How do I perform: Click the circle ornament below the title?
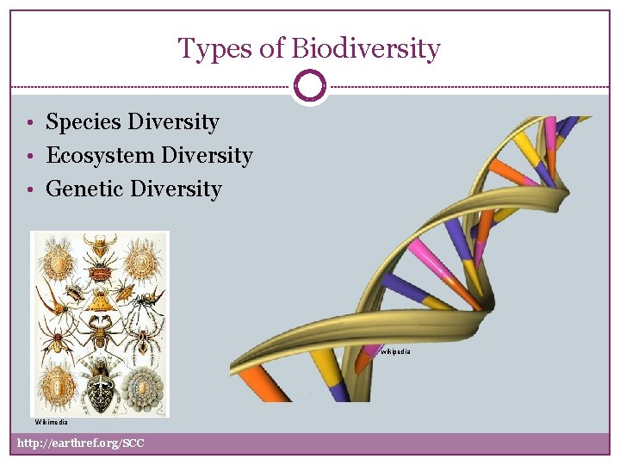(310, 86)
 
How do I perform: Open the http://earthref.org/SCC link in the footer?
(81, 443)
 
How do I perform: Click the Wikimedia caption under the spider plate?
(51, 423)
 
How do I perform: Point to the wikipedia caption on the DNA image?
(395, 351)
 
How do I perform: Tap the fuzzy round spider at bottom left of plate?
(58, 385)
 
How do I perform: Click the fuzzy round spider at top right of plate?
(144, 255)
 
